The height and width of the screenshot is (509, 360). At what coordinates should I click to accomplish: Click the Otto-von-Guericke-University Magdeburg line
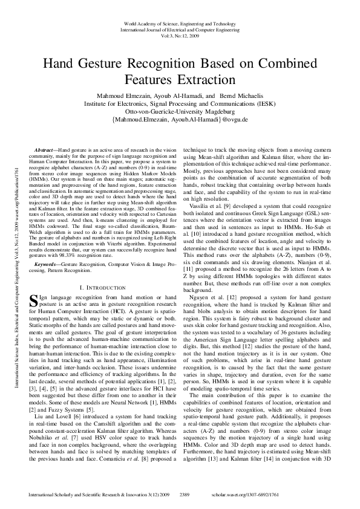click(x=180, y=112)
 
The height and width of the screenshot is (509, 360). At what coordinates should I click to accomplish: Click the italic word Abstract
click(x=44, y=149)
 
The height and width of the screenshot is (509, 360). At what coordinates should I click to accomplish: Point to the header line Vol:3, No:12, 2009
click(x=180, y=35)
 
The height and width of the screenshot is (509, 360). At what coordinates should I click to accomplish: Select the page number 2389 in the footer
click(x=186, y=494)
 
